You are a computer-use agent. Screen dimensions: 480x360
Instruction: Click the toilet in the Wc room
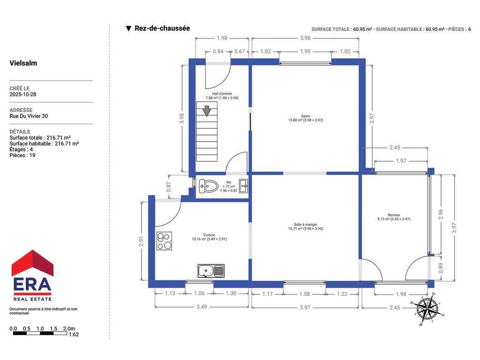click(208, 186)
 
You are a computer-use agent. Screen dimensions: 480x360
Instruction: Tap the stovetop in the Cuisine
click(164, 241)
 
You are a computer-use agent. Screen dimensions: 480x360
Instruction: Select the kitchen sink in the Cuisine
click(211, 271)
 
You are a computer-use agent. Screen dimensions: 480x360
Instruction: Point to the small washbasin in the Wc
click(243, 186)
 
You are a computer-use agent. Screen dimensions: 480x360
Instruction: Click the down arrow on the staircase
click(207, 111)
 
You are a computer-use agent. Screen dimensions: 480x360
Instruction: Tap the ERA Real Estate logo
click(32, 275)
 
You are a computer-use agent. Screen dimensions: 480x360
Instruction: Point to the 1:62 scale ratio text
click(74, 334)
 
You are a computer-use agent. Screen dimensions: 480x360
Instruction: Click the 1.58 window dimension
click(305, 294)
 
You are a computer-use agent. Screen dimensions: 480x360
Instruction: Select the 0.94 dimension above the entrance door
click(218, 52)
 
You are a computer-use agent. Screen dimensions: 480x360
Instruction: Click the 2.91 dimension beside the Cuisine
click(141, 241)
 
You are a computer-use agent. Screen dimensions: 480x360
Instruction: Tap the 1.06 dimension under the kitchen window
click(199, 293)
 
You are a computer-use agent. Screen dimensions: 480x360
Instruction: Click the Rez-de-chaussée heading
click(162, 28)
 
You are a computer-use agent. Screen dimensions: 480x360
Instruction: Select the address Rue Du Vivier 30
click(29, 116)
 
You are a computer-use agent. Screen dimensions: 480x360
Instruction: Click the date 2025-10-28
click(23, 94)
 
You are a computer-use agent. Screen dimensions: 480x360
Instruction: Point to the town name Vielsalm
click(23, 63)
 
